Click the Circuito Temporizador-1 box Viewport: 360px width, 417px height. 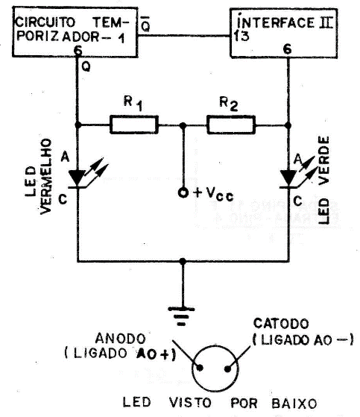click(x=70, y=34)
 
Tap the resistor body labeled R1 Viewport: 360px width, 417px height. click(x=133, y=125)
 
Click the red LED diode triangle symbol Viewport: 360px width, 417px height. click(x=78, y=178)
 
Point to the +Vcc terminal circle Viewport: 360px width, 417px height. click(x=182, y=193)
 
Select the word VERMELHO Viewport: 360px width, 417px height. click(x=44, y=176)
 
